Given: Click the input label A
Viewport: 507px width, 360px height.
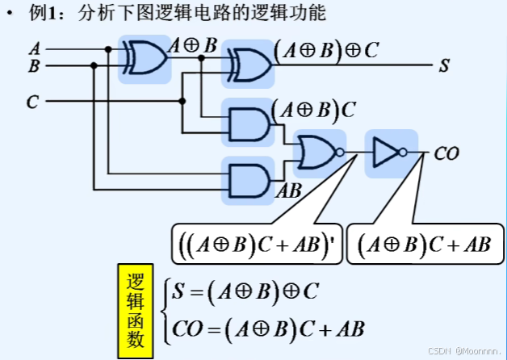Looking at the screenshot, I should pos(34,48).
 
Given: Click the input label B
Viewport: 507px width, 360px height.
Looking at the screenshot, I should pos(34,66).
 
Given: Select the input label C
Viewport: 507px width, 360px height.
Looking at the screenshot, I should pos(32,102).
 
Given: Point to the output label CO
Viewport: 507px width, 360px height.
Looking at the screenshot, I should pos(446,151).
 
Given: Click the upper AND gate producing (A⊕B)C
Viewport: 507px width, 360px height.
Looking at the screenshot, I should pos(249,123).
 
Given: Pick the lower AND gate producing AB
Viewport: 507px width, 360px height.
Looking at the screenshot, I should pos(249,178).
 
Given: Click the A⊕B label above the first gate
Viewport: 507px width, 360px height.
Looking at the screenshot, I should pos(192,46).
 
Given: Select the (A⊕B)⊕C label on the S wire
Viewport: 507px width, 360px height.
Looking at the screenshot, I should pos(326,51).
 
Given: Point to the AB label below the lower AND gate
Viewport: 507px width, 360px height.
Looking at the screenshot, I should pos(288,192).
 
